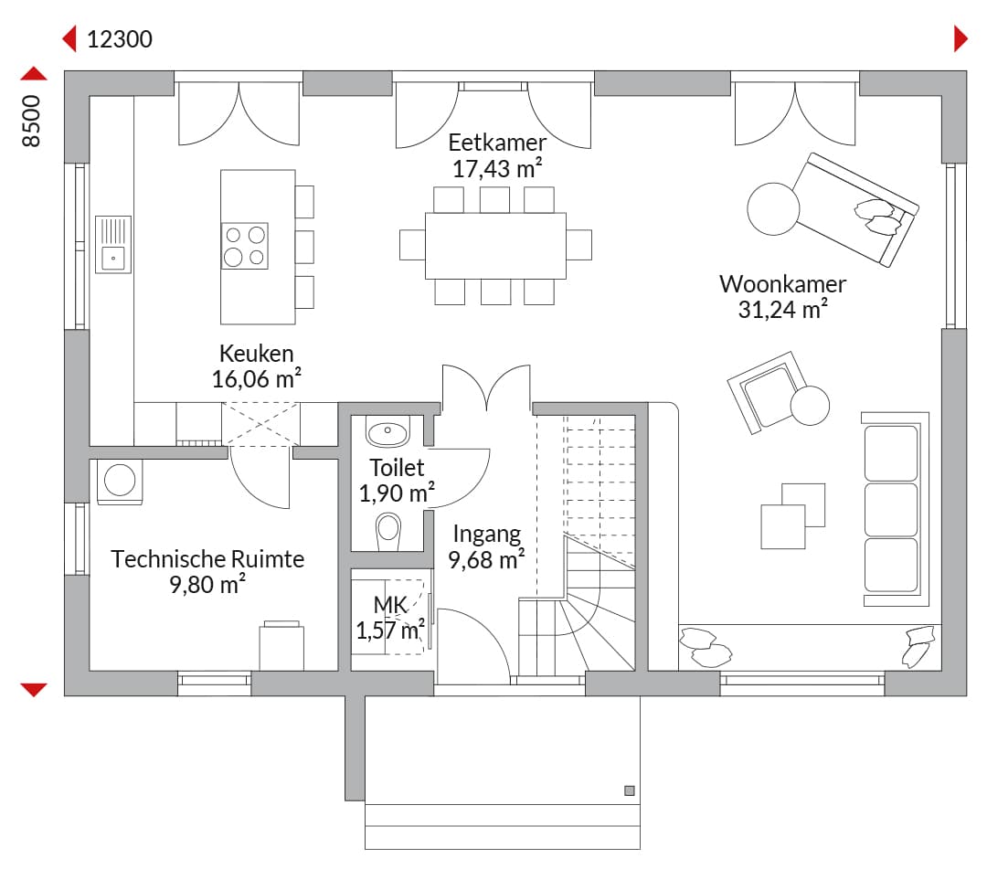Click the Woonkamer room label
coord(782,284)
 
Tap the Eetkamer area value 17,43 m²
coord(497,169)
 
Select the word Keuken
coord(256,353)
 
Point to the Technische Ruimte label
coord(207,559)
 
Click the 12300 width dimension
coord(120,39)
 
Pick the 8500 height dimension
coord(31,122)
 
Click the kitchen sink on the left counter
coord(113,244)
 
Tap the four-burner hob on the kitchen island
coord(245,246)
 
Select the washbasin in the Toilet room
coord(387,431)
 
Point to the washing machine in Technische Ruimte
coord(120,482)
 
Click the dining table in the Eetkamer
coord(496,246)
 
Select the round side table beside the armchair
coord(810,405)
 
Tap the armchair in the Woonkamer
coord(767,393)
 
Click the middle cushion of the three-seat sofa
coord(891,510)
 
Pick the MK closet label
coord(390,605)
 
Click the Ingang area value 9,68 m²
coord(486,559)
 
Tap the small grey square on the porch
coord(630,791)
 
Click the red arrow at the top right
coord(960,39)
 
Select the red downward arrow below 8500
coord(34,690)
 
